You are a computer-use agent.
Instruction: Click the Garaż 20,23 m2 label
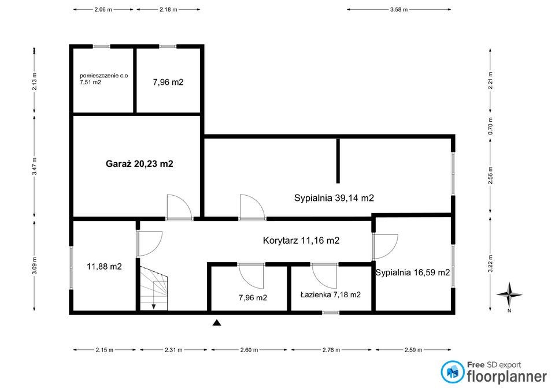(x=139, y=163)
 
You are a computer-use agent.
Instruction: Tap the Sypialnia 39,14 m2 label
(x=334, y=198)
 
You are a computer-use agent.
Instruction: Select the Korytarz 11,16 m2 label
(x=301, y=241)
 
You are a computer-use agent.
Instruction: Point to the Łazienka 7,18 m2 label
(x=331, y=294)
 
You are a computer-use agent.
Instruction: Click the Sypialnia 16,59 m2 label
(x=413, y=272)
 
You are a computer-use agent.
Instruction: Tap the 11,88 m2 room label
(x=104, y=267)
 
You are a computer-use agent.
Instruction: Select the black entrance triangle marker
(x=217, y=322)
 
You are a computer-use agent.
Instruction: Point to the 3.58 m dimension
(x=398, y=10)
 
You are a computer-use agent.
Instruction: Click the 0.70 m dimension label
(x=490, y=126)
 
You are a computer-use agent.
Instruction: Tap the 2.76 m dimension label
(x=331, y=350)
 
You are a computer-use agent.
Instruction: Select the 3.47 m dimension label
(x=34, y=166)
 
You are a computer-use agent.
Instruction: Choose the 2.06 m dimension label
(x=103, y=10)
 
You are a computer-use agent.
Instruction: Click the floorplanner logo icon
(x=452, y=372)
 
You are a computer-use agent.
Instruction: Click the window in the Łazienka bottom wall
(x=331, y=312)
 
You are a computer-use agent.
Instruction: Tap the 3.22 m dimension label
(x=490, y=264)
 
